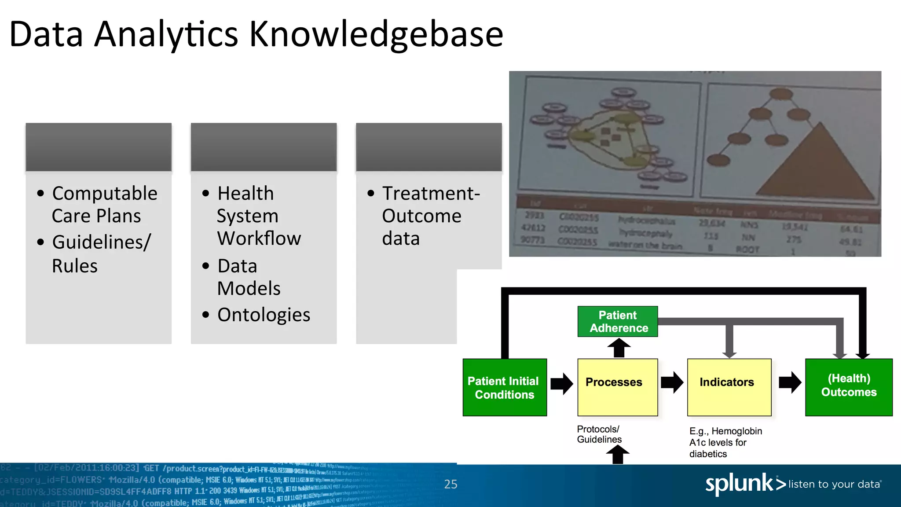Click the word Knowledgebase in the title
[376, 34]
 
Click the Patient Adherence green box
[618, 322]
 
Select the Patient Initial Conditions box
[505, 387]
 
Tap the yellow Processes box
[617, 387]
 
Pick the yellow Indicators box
[729, 387]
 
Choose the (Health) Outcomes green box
[849, 387]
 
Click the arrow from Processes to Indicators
[672, 382]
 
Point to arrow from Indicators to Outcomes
[790, 382]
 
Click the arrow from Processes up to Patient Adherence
[619, 348]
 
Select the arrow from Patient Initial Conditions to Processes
[561, 383]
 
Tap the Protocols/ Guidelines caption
[599, 434]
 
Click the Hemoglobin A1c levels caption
[725, 442]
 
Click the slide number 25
[450, 484]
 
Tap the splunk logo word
[739, 484]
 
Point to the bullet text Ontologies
[264, 315]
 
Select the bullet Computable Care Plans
[104, 205]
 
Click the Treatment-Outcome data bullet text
[430, 216]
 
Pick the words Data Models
[249, 277]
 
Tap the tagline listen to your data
[834, 484]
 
